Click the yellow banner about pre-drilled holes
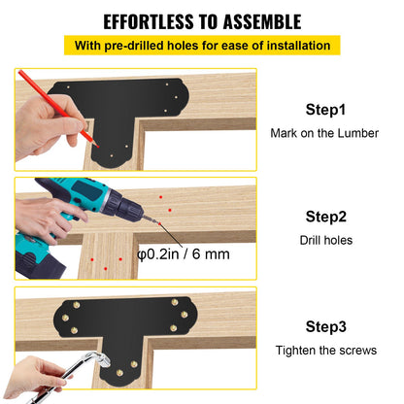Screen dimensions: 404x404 click(x=202, y=46)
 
